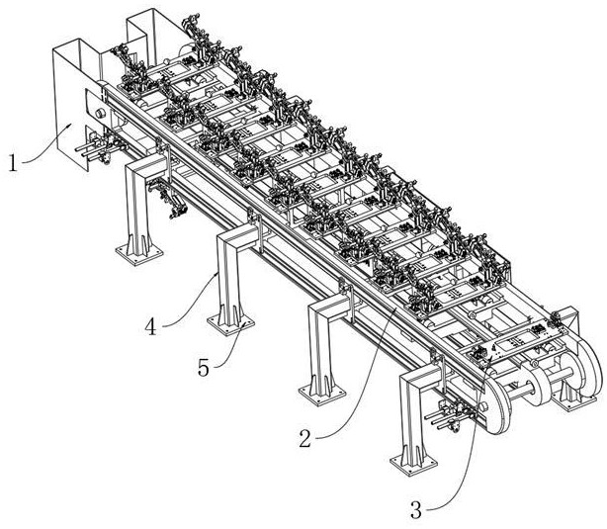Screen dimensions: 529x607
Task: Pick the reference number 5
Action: (x=204, y=368)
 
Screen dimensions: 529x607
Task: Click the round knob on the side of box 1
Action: (x=100, y=115)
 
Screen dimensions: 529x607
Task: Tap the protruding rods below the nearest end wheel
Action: (x=443, y=420)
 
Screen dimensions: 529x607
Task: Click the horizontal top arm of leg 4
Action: (x=237, y=237)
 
